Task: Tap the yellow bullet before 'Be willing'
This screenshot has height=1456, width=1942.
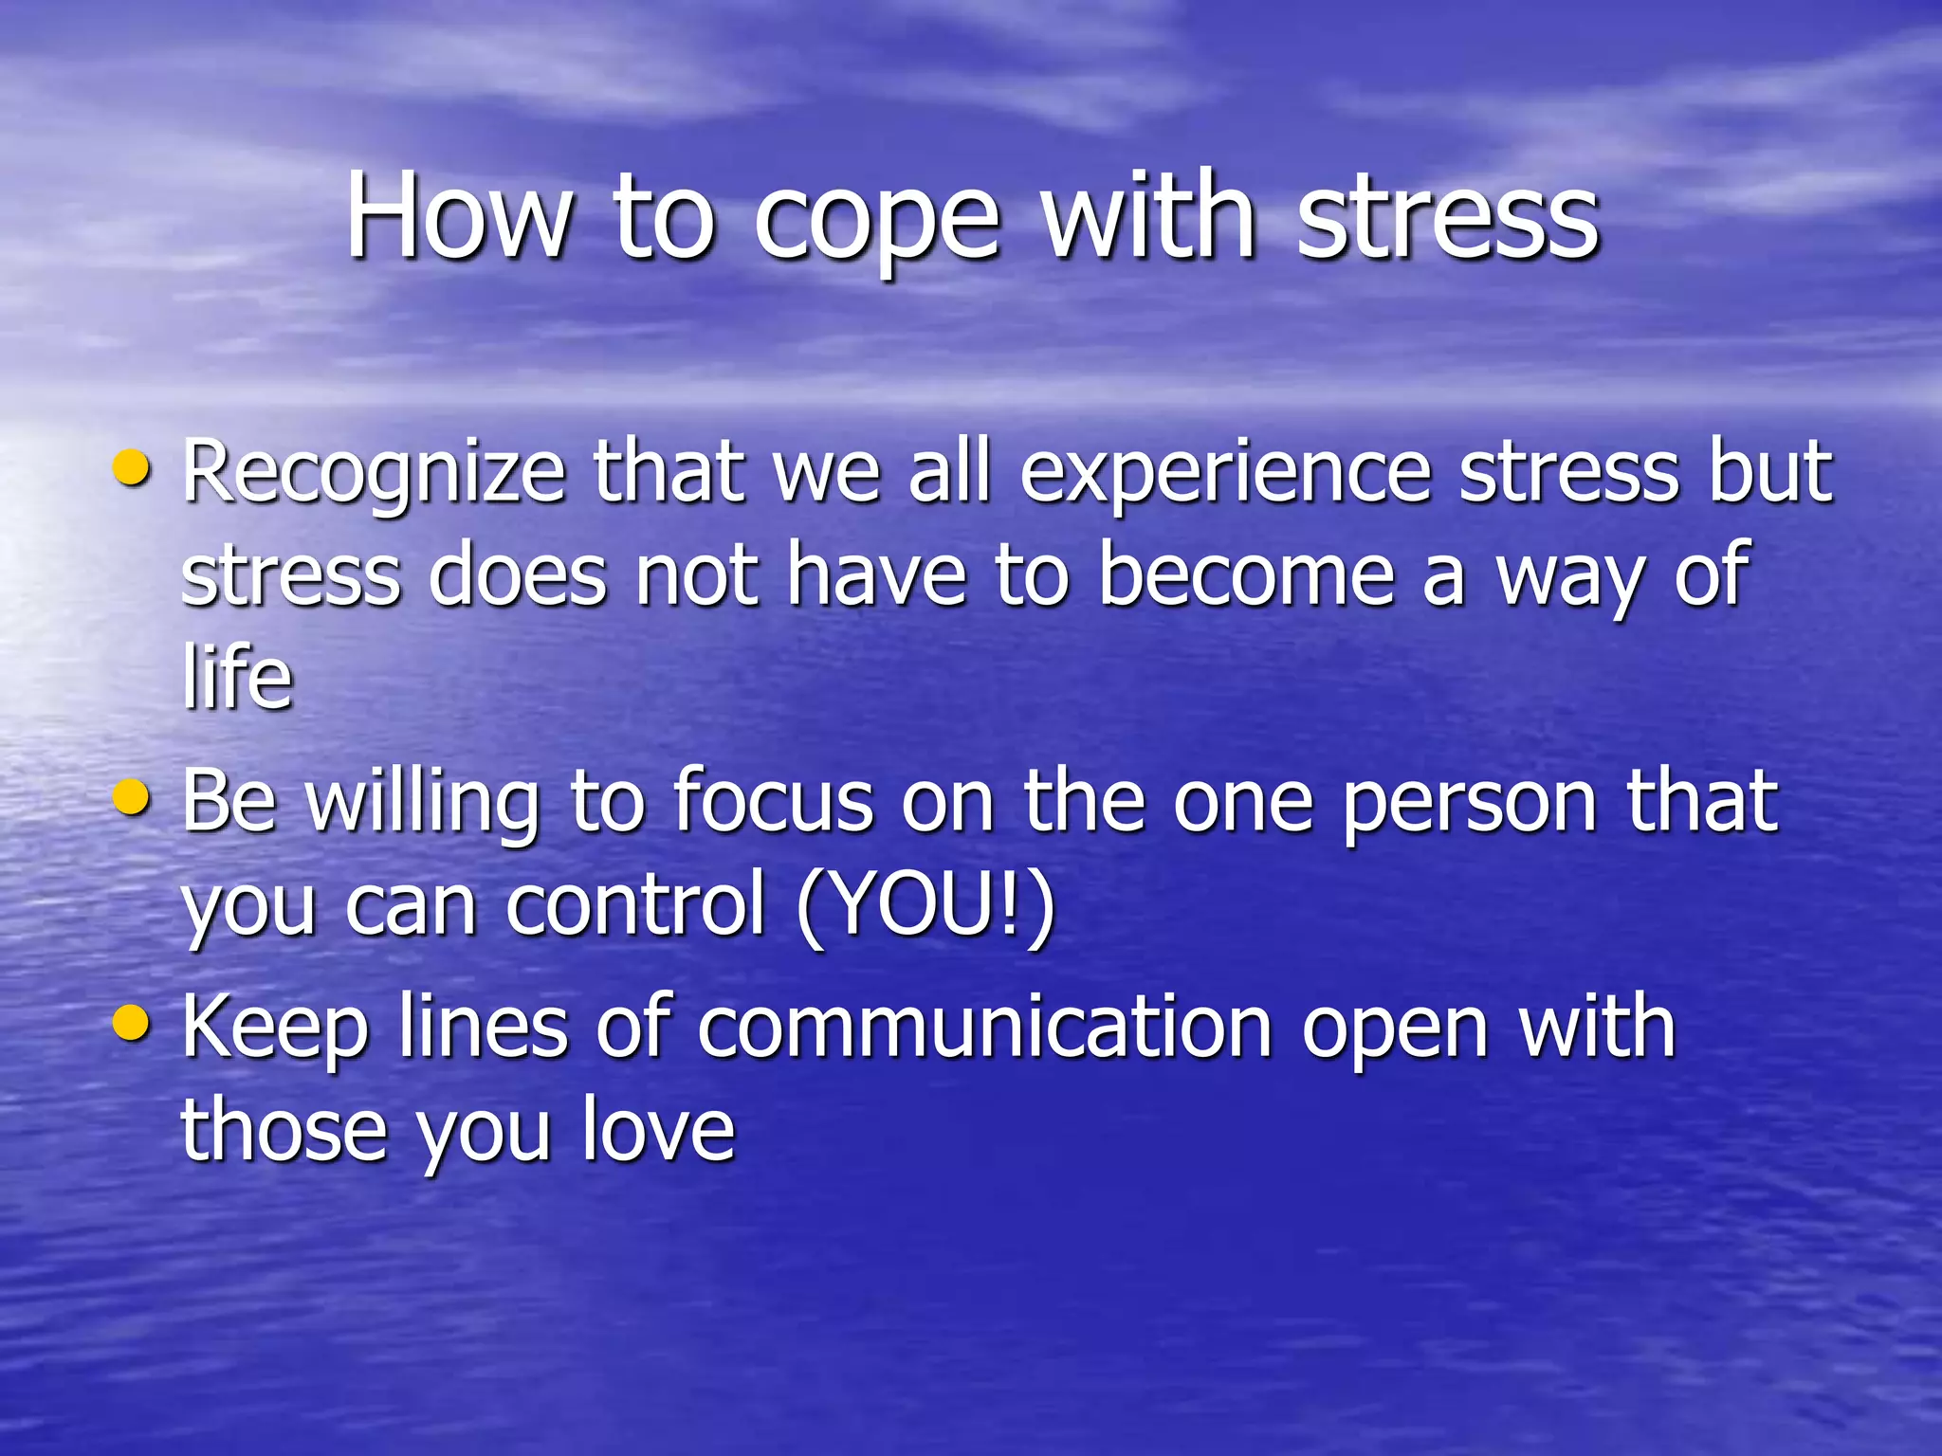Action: pos(130,797)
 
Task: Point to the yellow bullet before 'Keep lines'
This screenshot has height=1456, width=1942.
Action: pos(130,1024)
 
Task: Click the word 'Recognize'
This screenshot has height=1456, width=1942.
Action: pos(374,474)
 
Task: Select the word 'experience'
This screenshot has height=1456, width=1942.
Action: pos(1225,474)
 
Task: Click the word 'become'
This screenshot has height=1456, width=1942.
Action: pos(1246,575)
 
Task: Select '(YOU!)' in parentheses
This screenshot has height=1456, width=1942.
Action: pos(925,905)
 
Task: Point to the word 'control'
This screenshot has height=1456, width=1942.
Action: pos(634,905)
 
